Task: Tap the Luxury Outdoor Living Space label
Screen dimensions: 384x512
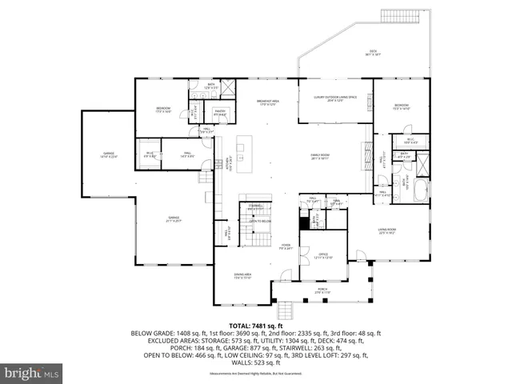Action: point(334,98)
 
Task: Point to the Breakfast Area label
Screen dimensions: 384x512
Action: point(267,102)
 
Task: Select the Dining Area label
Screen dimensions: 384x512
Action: point(243,277)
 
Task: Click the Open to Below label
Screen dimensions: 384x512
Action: point(260,222)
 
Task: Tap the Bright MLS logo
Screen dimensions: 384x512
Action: point(32,372)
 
